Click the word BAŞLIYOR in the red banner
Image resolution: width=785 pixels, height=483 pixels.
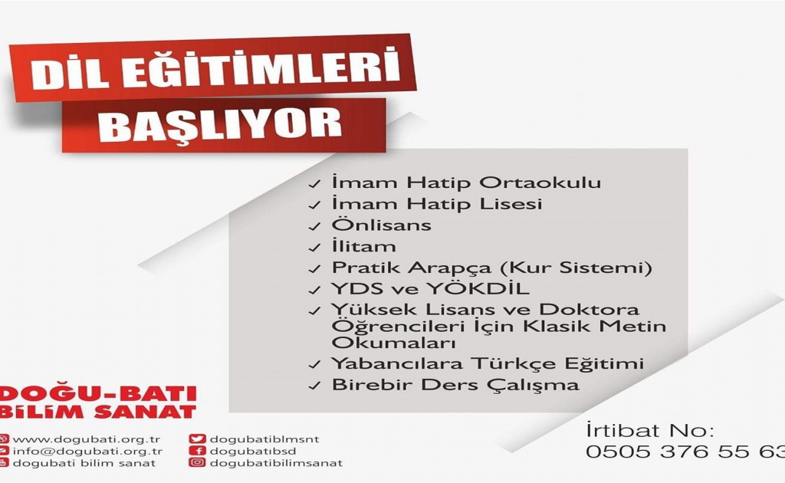point(220,125)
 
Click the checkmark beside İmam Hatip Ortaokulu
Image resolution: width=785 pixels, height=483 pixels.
point(314,184)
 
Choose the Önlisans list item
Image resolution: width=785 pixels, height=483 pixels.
point(382,225)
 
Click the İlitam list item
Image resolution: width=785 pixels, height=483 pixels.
point(363,246)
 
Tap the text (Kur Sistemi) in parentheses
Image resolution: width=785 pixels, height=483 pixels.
point(576,268)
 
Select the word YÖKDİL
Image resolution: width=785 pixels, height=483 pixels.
point(478,289)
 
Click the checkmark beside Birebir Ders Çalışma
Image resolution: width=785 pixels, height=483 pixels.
point(314,386)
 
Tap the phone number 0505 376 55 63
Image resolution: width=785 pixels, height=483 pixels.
point(685,452)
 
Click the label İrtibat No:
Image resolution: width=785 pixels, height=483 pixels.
point(650,430)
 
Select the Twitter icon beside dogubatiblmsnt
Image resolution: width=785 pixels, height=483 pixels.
point(197,439)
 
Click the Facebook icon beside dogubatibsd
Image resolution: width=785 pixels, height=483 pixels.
point(197,451)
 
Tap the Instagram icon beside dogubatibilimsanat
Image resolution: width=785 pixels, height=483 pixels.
point(197,462)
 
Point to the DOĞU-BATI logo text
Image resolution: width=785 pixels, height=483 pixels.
point(97,393)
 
